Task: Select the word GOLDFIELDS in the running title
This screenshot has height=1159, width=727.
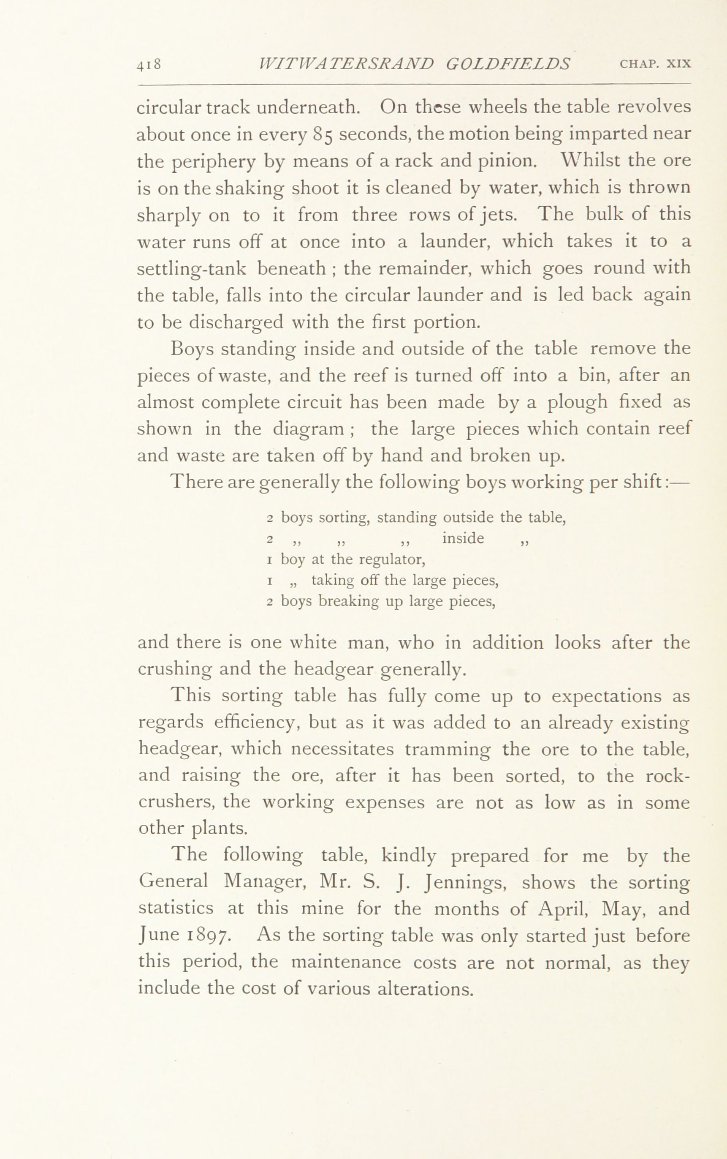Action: click(508, 64)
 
